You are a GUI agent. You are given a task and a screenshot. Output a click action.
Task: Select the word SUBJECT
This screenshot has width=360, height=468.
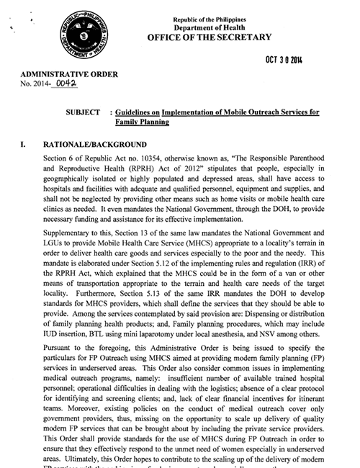click(84, 114)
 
